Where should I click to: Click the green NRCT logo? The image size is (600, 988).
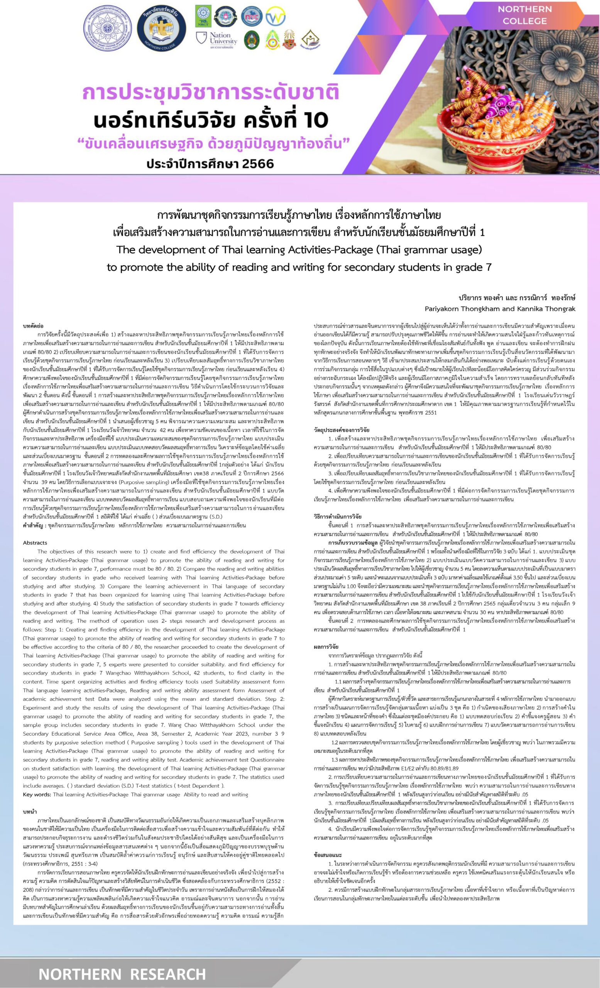[x=203, y=16]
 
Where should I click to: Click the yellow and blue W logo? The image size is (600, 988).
[x=275, y=16]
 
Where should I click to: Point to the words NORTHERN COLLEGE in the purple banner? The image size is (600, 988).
[x=525, y=15]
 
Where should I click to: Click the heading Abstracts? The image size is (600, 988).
[x=35, y=543]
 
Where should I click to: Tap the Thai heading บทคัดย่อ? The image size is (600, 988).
[x=33, y=327]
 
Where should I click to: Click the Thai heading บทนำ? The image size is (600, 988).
[x=30, y=812]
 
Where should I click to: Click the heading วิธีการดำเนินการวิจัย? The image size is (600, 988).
[x=338, y=517]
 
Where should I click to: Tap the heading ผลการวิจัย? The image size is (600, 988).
[x=326, y=647]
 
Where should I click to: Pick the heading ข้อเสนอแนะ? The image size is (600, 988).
[x=328, y=855]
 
